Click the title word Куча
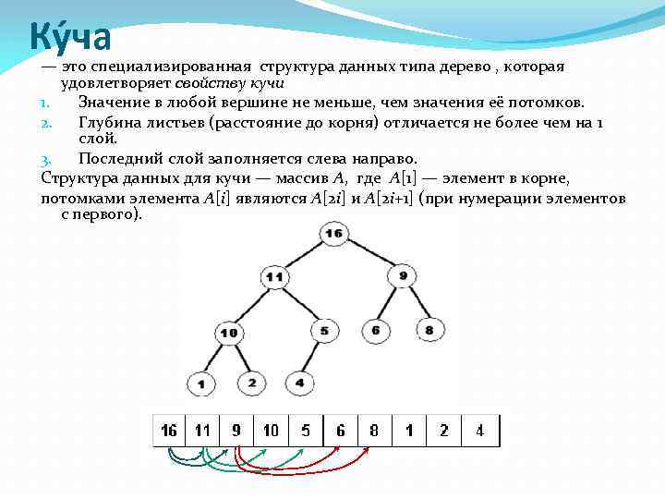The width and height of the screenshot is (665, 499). [x=70, y=36]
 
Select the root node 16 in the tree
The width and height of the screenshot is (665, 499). [x=333, y=234]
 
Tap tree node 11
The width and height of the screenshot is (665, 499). [x=273, y=276]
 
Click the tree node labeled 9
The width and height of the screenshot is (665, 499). [x=403, y=275]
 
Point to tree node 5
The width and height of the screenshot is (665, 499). [x=324, y=330]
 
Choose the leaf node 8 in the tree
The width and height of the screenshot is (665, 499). [x=429, y=330]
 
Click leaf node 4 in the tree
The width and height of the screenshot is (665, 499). [x=299, y=381]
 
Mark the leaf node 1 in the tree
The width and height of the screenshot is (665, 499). [x=200, y=383]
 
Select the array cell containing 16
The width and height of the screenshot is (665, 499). [x=169, y=431]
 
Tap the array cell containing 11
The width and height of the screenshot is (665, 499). [x=201, y=431]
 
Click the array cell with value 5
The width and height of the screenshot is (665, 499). [x=306, y=431]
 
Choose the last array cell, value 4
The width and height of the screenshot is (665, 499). [x=479, y=431]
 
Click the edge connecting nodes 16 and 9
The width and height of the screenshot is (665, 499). [x=369, y=255]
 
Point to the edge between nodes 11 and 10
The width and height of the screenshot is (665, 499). [x=251, y=304]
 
